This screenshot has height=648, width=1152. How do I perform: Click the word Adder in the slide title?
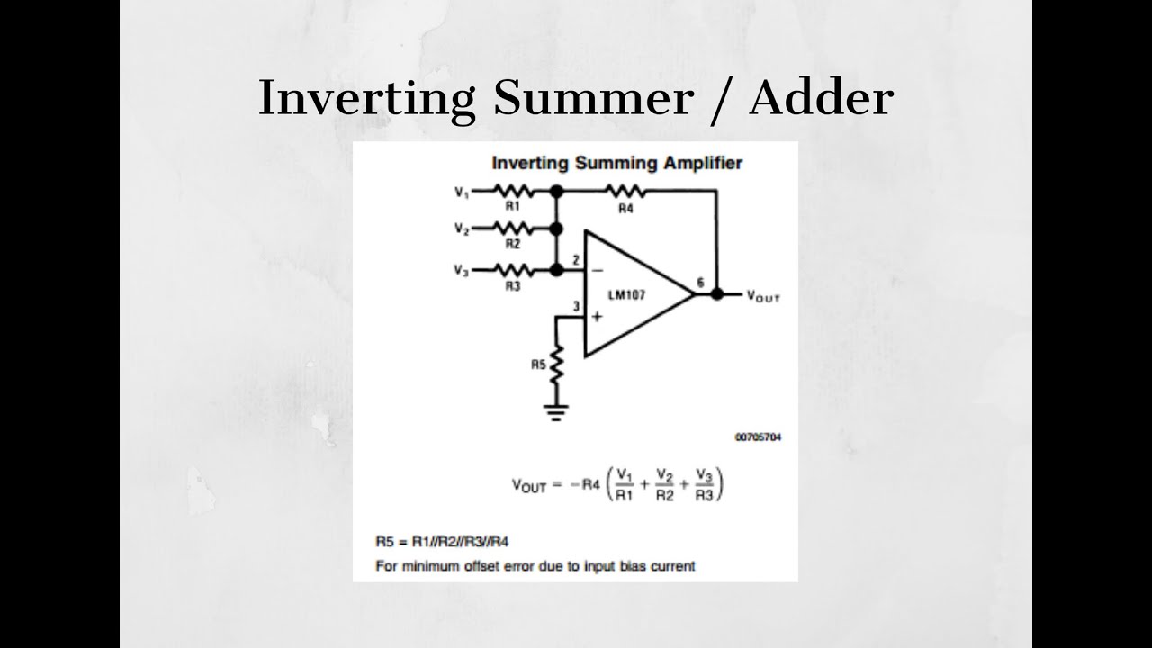pyautogui.click(x=820, y=98)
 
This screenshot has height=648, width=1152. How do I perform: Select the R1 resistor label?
pyautogui.click(x=513, y=205)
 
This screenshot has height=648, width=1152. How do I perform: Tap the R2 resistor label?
pyautogui.click(x=513, y=244)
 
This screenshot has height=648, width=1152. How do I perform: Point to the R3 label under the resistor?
pyautogui.click(x=513, y=285)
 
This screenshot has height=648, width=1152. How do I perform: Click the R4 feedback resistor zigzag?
pyautogui.click(x=625, y=191)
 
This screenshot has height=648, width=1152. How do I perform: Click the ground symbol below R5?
pyautogui.click(x=557, y=412)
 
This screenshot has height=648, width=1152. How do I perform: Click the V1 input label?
pyautogui.click(x=462, y=192)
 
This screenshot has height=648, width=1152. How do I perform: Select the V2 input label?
pyautogui.click(x=462, y=229)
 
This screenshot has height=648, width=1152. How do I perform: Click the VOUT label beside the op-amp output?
pyautogui.click(x=763, y=295)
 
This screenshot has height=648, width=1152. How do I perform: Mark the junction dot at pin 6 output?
pyautogui.click(x=717, y=293)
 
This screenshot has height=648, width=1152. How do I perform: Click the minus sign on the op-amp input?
pyautogui.click(x=596, y=269)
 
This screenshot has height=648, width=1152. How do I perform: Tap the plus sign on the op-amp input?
pyautogui.click(x=596, y=316)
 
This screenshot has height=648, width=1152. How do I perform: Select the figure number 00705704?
pyautogui.click(x=758, y=437)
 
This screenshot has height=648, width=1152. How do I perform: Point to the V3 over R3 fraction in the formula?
pyautogui.click(x=706, y=484)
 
